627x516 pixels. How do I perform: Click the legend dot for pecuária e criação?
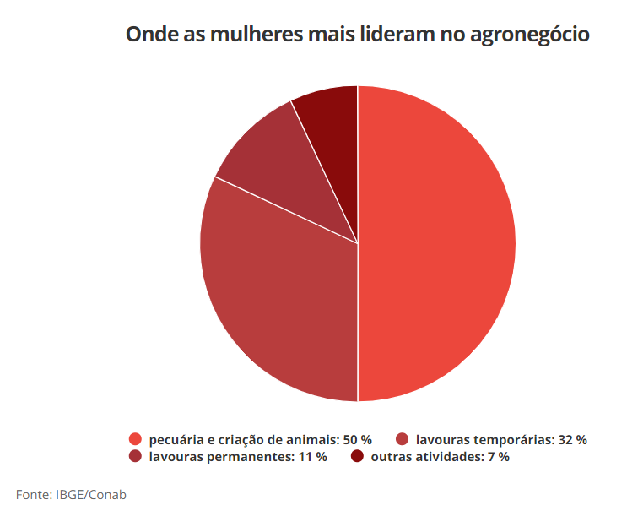click(135, 439)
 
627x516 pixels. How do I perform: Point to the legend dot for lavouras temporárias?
click(402, 439)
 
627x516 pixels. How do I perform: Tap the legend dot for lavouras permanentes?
click(135, 457)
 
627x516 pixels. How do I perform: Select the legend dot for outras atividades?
click(357, 457)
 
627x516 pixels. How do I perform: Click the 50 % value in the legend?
click(357, 440)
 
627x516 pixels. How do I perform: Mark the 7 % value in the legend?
click(498, 457)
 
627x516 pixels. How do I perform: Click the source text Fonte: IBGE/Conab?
click(71, 494)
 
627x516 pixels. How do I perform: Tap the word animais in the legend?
click(313, 440)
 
